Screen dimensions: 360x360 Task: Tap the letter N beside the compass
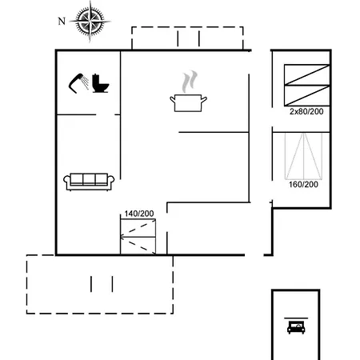[x=62, y=22]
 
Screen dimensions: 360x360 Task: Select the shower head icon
[x=78, y=82]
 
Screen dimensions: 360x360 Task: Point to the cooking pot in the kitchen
[x=190, y=102]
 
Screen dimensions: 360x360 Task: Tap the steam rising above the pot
[x=189, y=81]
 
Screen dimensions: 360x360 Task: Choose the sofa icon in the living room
[x=90, y=181]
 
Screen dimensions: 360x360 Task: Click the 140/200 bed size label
[x=138, y=214]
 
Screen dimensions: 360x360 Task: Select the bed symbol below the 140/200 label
[x=138, y=237]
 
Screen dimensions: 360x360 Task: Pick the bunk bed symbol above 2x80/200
[x=306, y=84]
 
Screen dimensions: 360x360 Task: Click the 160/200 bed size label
[x=303, y=184]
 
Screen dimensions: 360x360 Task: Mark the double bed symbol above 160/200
[x=303, y=156]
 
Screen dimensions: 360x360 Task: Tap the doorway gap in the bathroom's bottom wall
[x=108, y=115]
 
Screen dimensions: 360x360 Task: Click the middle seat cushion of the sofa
[x=90, y=178]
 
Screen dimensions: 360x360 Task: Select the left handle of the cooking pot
[x=172, y=98]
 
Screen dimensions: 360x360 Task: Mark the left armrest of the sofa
[x=67, y=182]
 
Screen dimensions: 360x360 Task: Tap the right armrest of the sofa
[x=112, y=182]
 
